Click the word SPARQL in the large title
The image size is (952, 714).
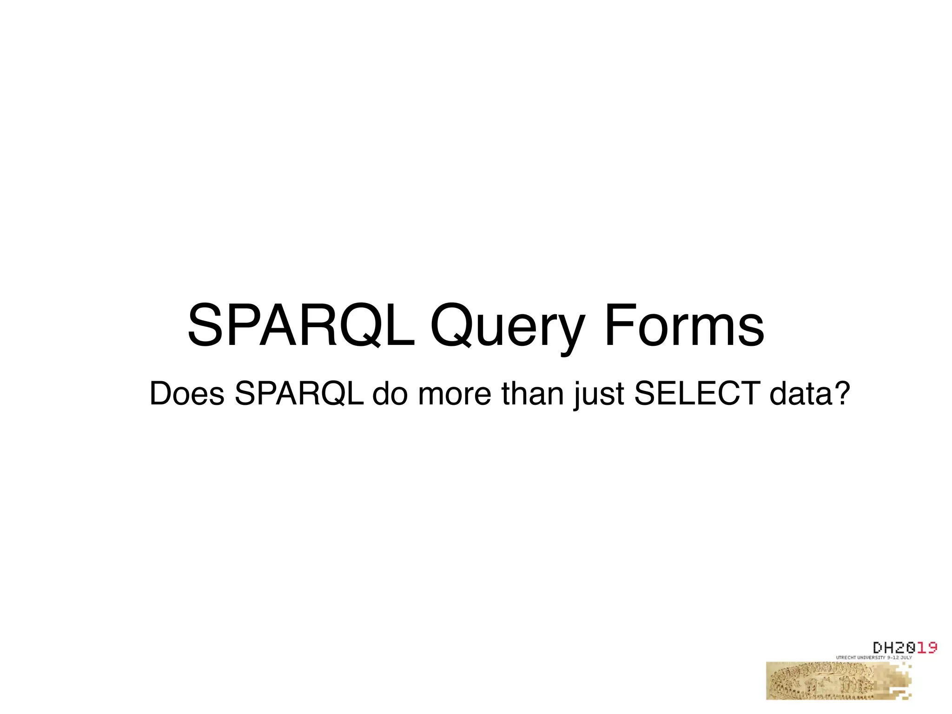coord(301,325)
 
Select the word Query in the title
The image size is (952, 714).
coord(507,328)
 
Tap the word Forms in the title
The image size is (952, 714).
coord(683,325)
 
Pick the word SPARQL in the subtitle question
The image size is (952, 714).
coord(299,394)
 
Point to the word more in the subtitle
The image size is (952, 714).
coord(454,394)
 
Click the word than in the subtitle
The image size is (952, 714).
coord(532,394)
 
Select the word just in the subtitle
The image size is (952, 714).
coord(598,395)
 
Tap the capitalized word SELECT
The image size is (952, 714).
coord(696,394)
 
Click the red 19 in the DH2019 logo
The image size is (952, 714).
coord(926,648)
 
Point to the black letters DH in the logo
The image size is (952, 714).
coord(884,648)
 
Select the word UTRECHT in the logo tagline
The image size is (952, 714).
coord(846,658)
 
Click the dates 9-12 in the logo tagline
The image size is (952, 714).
coord(893,658)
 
